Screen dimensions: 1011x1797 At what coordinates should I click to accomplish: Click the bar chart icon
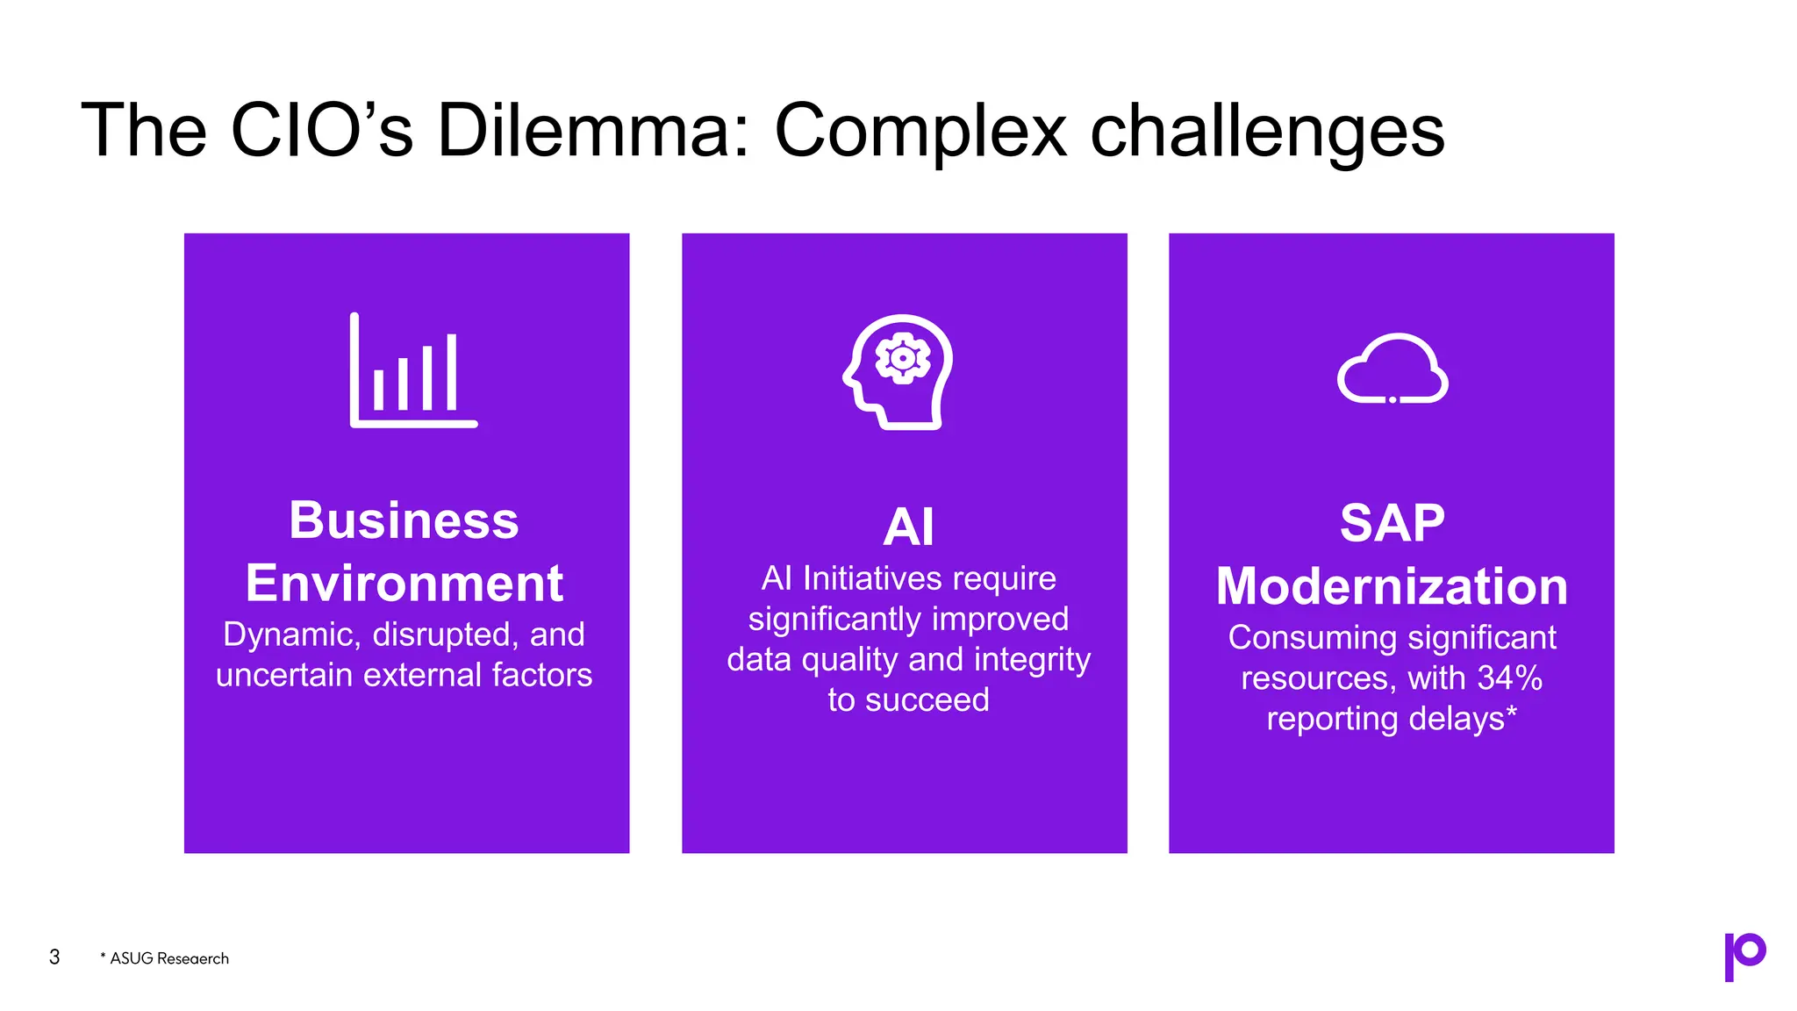click(x=413, y=370)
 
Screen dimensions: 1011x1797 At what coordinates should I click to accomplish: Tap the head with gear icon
click(x=898, y=372)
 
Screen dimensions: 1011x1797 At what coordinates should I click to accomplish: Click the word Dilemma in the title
click(x=593, y=131)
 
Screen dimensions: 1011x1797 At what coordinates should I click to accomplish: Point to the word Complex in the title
click(x=920, y=131)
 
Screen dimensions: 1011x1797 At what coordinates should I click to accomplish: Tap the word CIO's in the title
click(x=321, y=131)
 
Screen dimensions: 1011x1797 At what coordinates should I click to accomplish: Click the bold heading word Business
click(x=404, y=520)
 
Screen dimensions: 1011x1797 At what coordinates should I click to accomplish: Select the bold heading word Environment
click(x=404, y=584)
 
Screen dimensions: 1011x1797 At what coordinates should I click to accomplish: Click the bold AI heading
click(x=908, y=527)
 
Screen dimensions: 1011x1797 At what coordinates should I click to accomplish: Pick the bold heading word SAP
click(x=1392, y=524)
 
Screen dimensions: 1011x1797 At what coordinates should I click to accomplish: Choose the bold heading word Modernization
click(x=1392, y=586)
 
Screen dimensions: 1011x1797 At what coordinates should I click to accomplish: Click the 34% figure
click(x=1509, y=678)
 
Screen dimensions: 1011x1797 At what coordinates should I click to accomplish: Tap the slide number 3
click(x=54, y=957)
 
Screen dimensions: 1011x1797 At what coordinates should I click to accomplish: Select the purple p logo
click(x=1744, y=956)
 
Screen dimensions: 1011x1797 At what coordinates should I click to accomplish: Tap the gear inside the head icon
click(x=903, y=358)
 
